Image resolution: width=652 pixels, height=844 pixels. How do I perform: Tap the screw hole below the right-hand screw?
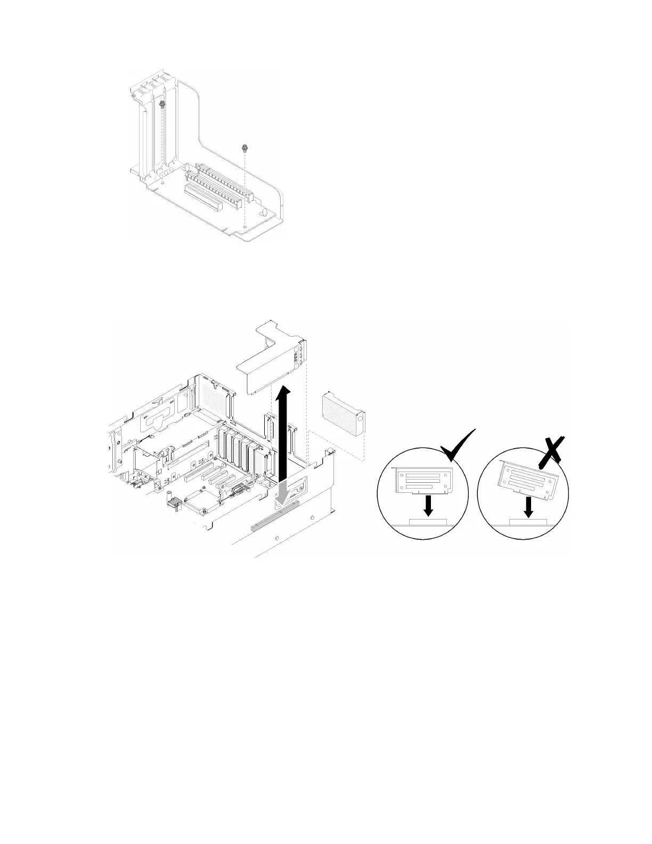(x=244, y=226)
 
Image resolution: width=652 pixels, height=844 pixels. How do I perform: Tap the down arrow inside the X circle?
(x=528, y=507)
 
